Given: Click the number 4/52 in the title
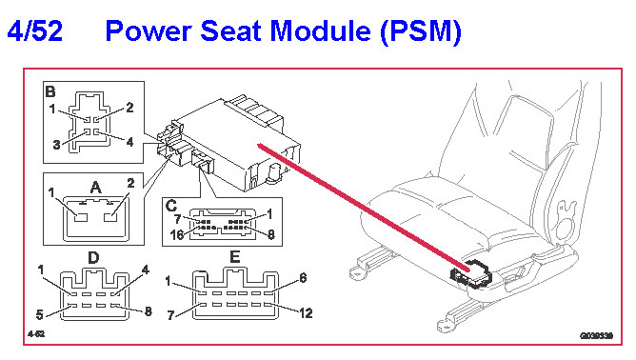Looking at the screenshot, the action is (35, 31).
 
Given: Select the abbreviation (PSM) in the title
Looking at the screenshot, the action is (421, 31).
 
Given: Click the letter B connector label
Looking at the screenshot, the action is (50, 91).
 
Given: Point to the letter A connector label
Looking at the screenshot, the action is (96, 188).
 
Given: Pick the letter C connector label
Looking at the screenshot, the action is (171, 206).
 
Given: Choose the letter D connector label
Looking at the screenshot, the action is (93, 258).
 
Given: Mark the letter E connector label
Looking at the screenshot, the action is (235, 257).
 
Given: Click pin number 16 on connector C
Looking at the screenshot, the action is (178, 234).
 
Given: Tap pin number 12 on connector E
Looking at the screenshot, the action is (306, 313).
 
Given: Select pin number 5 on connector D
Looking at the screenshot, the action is (39, 314).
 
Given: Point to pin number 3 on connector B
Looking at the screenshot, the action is (56, 145).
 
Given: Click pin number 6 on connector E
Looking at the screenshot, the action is (303, 278).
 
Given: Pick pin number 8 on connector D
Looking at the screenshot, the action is (148, 311).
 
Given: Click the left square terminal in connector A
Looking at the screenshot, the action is (81, 217).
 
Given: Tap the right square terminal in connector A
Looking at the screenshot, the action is (110, 217).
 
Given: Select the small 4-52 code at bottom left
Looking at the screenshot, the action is (36, 334).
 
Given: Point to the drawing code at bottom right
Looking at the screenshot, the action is (596, 335).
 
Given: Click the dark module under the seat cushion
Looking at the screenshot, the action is (471, 274).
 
